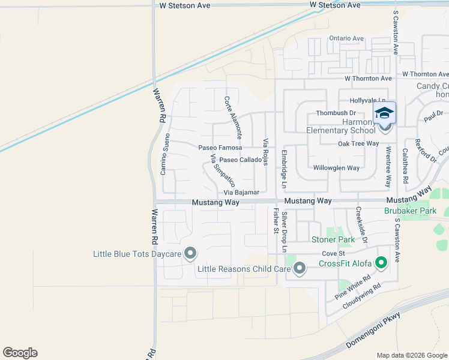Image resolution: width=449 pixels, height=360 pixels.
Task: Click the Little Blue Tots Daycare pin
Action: click(190, 254)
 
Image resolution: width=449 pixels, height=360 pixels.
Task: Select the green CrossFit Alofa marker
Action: click(381, 263)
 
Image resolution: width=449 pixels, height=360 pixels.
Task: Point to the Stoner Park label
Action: click(334, 240)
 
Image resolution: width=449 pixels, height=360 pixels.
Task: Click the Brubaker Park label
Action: click(410, 211)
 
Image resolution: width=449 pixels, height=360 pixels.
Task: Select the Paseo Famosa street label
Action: click(220, 148)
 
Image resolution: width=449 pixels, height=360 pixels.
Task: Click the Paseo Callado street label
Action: click(240, 160)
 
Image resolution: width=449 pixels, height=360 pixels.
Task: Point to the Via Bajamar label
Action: click(241, 193)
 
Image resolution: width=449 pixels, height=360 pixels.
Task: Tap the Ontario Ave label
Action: click(346, 38)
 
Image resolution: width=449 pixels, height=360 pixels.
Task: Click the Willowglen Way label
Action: click(336, 168)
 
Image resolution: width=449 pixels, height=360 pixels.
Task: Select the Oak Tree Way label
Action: click(358, 143)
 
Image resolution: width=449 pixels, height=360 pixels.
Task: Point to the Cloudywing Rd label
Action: click(362, 296)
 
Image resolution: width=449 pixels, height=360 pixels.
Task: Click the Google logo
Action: click(20, 353)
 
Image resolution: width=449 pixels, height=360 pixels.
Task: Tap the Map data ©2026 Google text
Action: click(411, 355)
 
